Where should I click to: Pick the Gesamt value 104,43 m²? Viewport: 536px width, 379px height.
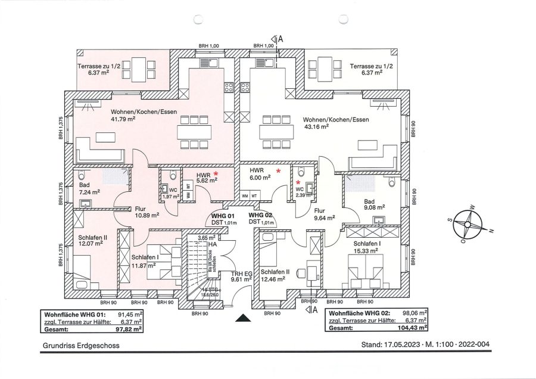coord(416,328)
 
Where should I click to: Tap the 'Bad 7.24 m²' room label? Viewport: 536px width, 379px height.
coord(88,188)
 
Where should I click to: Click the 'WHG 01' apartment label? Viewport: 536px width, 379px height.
coord(223,215)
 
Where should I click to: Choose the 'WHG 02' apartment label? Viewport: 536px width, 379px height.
coord(260,215)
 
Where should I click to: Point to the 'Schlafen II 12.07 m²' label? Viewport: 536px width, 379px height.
coord(92,241)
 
